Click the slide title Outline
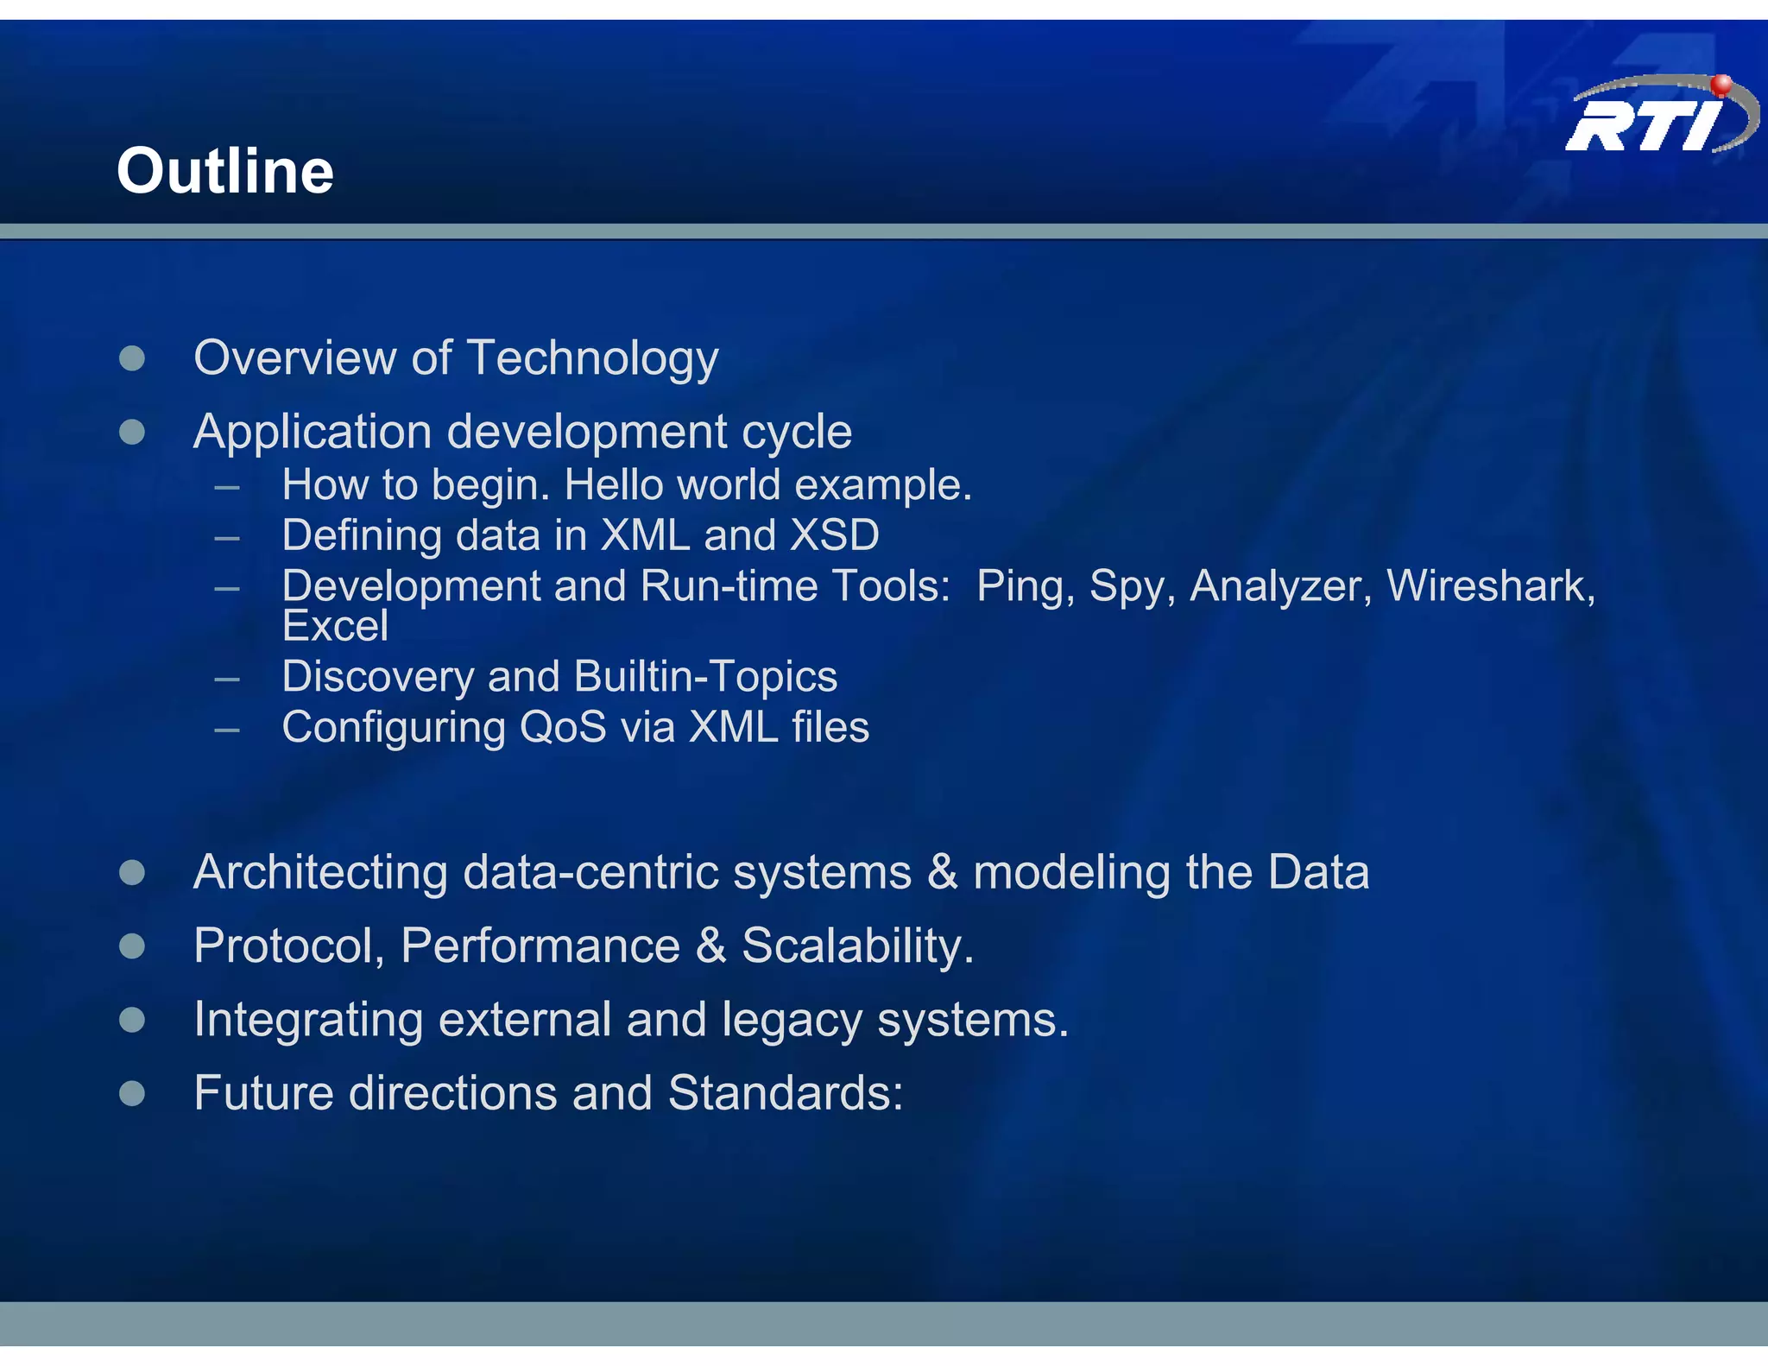point(225,171)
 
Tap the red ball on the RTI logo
point(1721,85)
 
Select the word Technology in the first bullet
point(592,358)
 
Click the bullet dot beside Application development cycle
point(132,432)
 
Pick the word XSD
point(835,535)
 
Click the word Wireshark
point(1490,586)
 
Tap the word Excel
point(335,626)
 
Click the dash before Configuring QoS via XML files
point(227,730)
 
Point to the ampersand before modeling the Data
point(943,872)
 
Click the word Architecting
point(320,873)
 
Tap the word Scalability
point(857,946)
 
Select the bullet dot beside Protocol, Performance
point(132,946)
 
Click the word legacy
point(792,1021)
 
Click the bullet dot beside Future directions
point(132,1094)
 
